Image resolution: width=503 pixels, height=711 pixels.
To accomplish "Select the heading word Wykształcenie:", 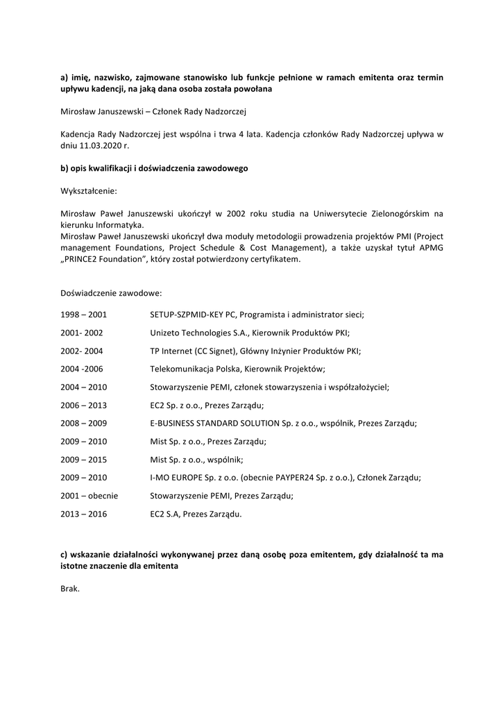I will pos(89,190).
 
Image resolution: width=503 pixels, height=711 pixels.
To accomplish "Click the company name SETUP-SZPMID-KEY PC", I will pos(194,315).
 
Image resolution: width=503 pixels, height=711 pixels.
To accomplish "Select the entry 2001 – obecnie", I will pos(89,496).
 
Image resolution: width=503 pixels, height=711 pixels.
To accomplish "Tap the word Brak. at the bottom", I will pos(70,589).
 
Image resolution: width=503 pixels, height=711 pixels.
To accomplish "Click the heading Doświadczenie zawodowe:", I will pos(111,293).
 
